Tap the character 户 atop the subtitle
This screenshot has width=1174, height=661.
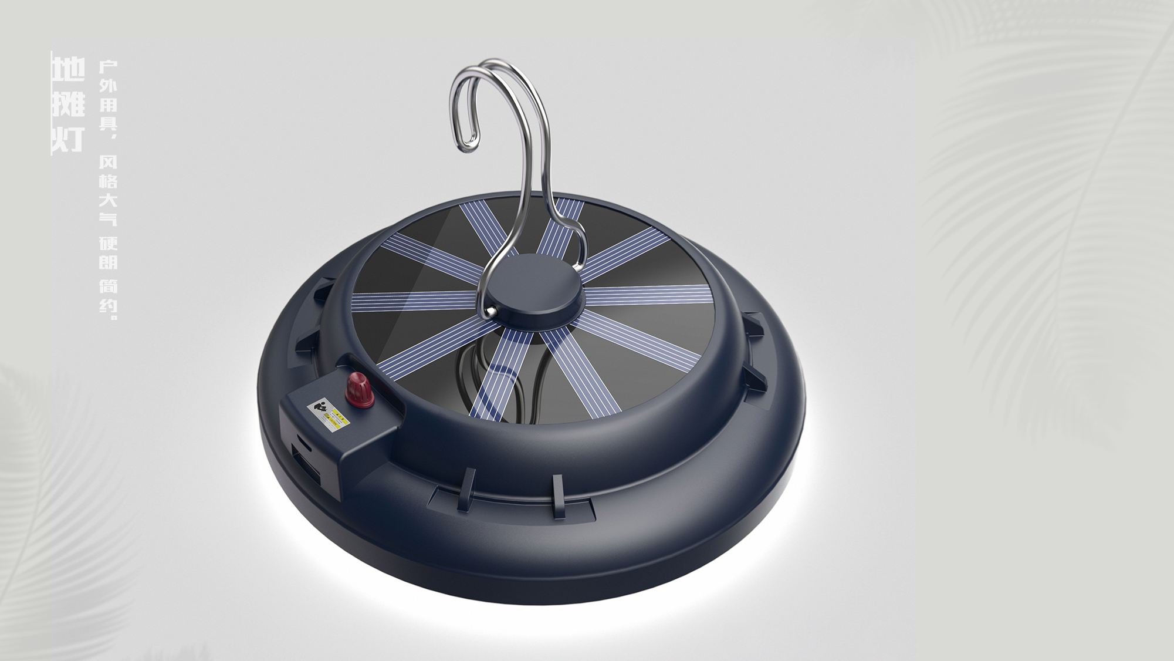(108, 66)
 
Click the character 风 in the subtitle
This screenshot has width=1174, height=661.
(108, 162)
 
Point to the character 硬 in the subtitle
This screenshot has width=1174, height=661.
(108, 242)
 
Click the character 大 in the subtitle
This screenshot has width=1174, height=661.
(108, 201)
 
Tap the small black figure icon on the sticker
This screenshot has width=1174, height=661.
(320, 406)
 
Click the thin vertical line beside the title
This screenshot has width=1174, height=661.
(52, 103)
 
